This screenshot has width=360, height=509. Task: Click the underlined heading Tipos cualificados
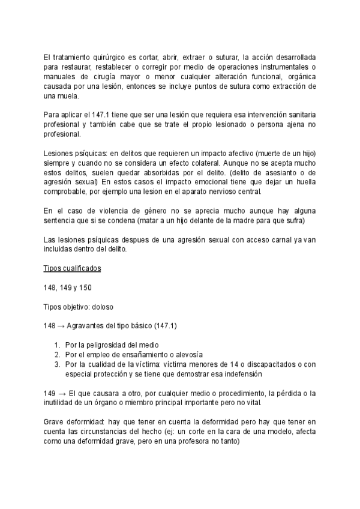73,269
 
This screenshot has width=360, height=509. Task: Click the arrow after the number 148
61,327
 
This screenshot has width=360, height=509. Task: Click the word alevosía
183,355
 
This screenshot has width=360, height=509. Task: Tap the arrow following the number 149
61,394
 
